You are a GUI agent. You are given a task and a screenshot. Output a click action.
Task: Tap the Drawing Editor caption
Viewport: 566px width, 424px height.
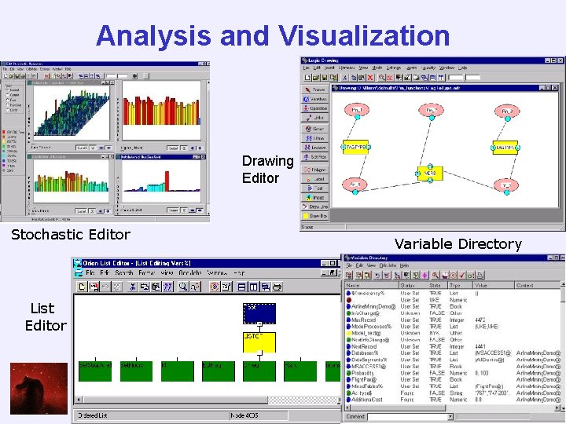tap(267, 170)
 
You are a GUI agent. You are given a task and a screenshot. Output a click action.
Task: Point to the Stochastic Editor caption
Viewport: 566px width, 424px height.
tap(71, 234)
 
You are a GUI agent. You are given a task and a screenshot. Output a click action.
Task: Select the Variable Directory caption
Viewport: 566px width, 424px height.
tap(458, 243)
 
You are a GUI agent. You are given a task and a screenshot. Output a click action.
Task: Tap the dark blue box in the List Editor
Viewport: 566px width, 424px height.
tap(259, 313)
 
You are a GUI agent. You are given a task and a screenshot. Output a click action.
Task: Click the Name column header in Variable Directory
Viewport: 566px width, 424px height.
tap(354, 285)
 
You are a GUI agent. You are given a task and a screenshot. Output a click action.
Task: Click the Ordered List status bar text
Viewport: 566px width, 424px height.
tap(95, 415)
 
